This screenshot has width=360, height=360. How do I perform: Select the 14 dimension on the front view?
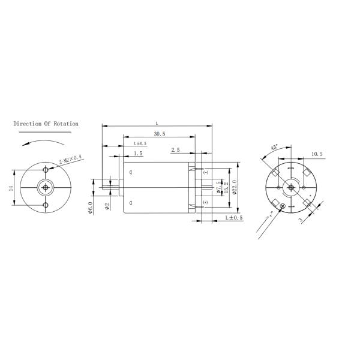tap(11, 188)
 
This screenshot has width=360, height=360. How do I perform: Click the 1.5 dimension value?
tap(137, 154)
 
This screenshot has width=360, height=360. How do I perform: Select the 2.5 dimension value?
tap(176, 149)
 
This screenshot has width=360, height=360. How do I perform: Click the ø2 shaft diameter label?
tap(107, 206)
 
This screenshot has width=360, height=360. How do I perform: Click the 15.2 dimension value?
tap(226, 187)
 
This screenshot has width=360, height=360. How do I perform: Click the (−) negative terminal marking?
tap(206, 172)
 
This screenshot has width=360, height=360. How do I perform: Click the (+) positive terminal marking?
tap(206, 203)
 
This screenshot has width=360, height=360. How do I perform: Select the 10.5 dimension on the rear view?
tap(317, 154)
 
